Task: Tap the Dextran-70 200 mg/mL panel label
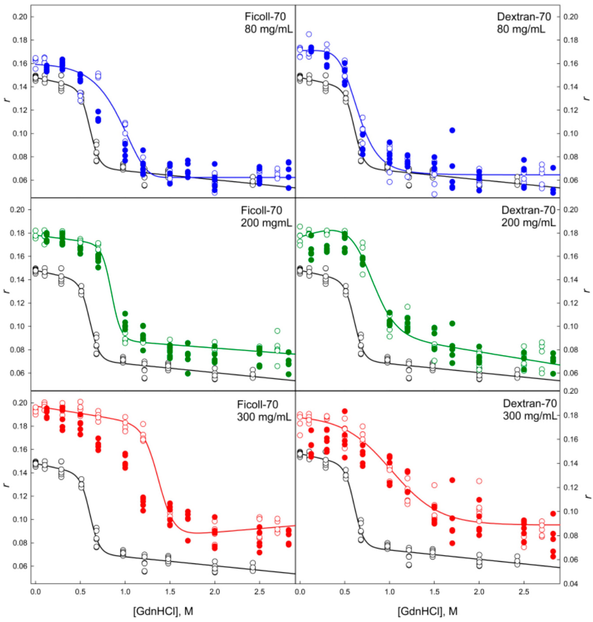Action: pos(528,216)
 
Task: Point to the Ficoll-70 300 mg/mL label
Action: pos(264,410)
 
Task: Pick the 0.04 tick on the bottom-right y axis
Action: pos(569,584)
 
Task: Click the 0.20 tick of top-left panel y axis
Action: pos(19,17)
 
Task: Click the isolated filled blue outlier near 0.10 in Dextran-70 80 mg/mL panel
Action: pos(452,130)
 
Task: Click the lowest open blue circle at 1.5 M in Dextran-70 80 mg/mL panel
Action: pos(434,194)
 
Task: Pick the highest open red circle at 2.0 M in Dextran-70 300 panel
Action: pos(479,481)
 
